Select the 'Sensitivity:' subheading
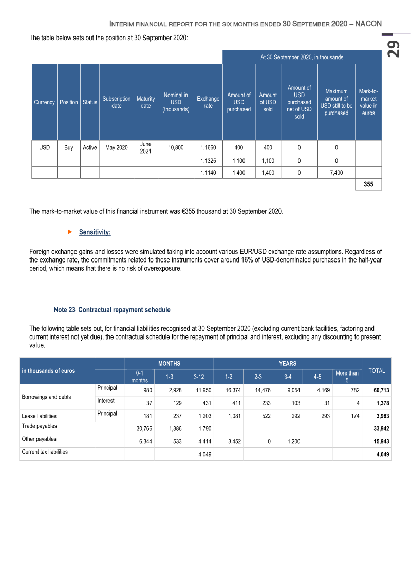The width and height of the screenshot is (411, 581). (95, 232)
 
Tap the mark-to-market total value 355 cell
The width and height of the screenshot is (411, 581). (368, 184)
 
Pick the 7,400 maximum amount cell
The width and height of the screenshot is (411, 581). (336, 173)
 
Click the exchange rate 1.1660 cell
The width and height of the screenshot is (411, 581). (208, 148)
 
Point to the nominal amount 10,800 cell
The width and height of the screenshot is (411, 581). (176, 148)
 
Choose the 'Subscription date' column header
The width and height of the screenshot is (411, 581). (117, 102)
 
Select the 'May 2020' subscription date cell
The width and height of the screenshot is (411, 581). (117, 148)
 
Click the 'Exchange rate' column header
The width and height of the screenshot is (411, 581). (208, 102)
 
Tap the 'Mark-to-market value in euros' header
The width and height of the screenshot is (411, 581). (368, 102)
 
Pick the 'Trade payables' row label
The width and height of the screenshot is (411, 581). (40, 426)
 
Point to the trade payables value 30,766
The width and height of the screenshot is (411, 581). (139, 429)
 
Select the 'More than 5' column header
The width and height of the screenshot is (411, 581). (347, 377)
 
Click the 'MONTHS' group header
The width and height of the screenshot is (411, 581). (169, 363)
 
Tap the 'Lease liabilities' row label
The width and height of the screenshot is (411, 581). (39, 416)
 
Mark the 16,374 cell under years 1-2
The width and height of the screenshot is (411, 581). (229, 390)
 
